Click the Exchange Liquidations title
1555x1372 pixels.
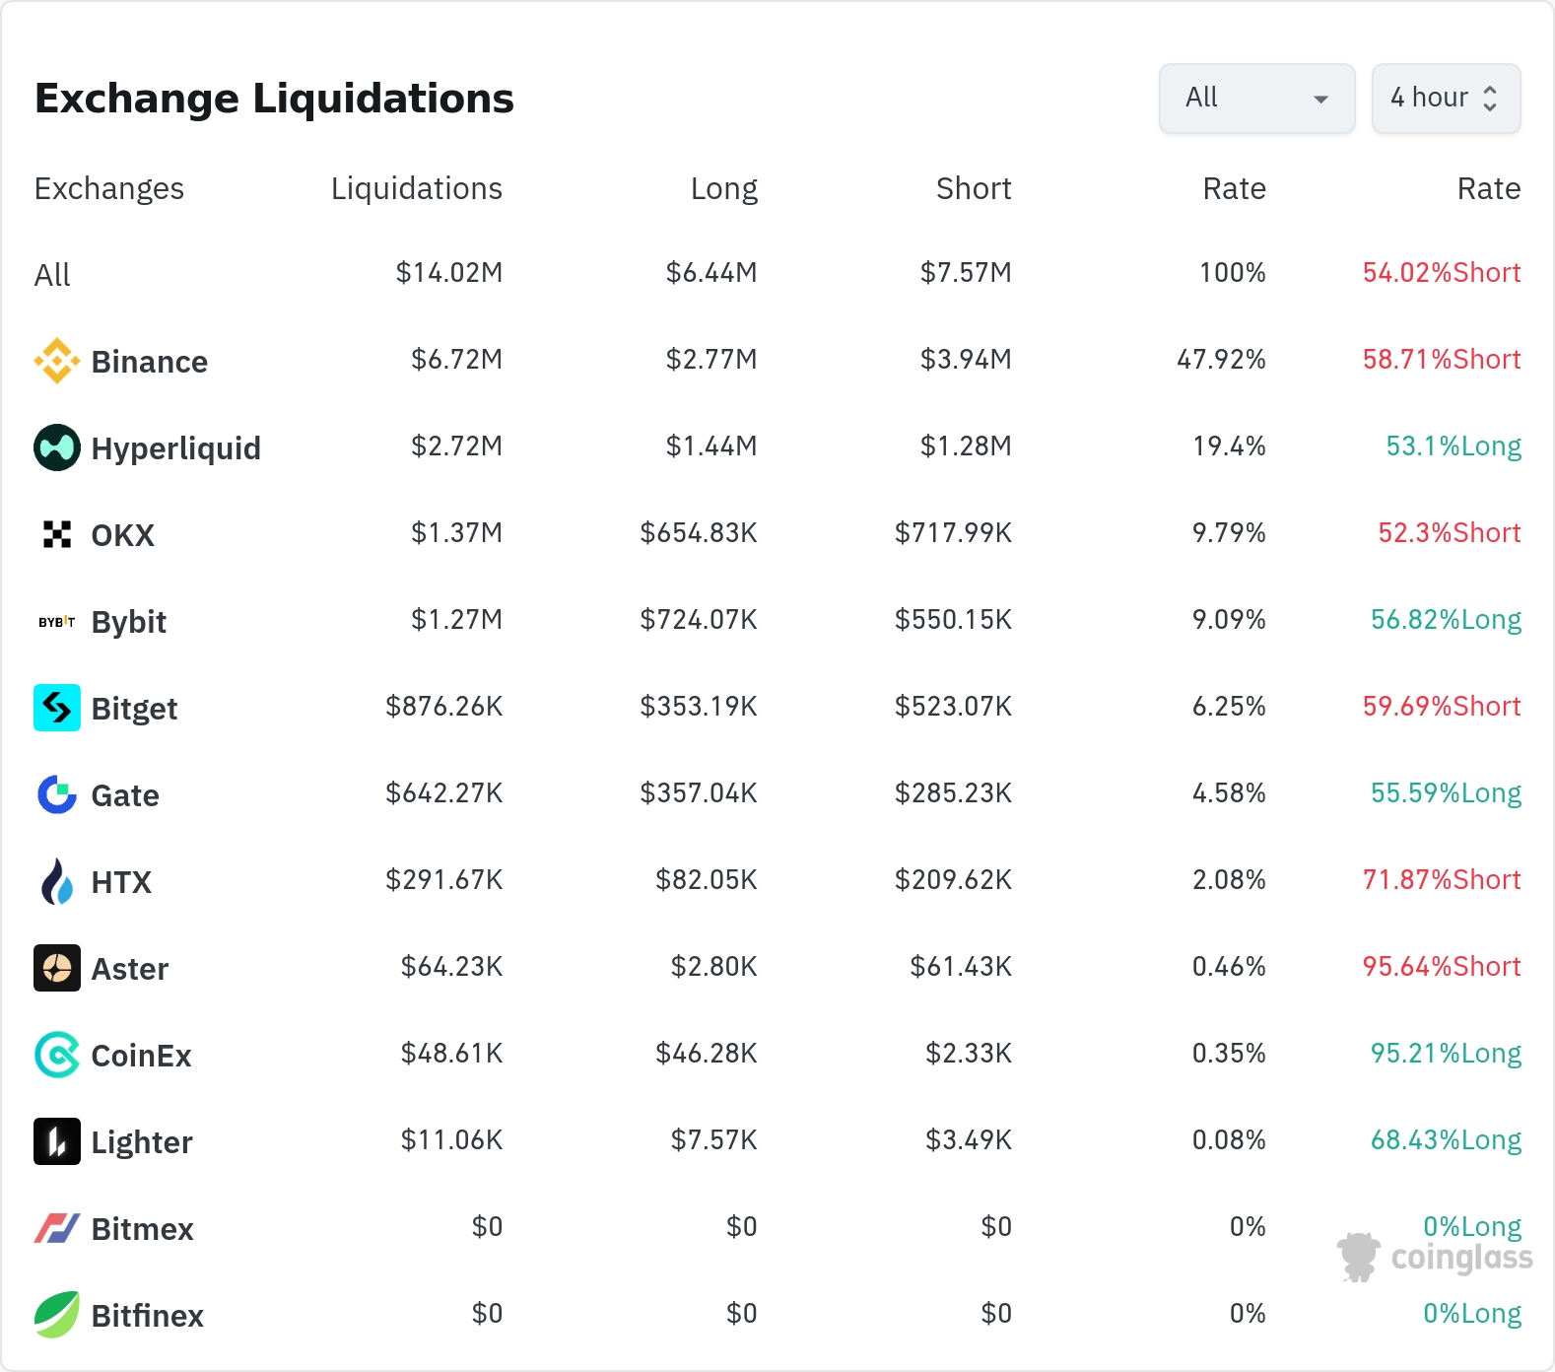click(x=274, y=99)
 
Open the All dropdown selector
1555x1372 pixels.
click(x=1256, y=99)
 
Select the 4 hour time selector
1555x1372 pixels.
click(x=1446, y=99)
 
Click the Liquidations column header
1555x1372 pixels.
click(x=417, y=188)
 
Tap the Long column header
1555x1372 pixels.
click(x=724, y=188)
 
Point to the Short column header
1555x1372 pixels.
click(x=974, y=188)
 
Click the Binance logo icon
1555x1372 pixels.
click(x=57, y=361)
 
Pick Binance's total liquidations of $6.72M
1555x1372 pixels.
click(x=457, y=360)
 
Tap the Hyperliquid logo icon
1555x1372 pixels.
click(x=57, y=447)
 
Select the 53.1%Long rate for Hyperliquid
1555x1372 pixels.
click(x=1454, y=446)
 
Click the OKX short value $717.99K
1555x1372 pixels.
click(x=953, y=533)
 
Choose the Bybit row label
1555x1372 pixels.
click(x=129, y=622)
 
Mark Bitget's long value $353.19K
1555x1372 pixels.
click(x=699, y=707)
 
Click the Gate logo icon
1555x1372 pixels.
click(x=57, y=794)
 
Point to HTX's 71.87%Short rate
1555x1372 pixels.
click(x=1442, y=880)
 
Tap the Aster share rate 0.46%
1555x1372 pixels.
click(x=1229, y=967)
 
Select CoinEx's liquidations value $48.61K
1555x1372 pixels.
click(x=452, y=1054)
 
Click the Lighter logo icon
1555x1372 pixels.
click(x=57, y=1141)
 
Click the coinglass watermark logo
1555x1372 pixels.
click(x=1435, y=1258)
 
